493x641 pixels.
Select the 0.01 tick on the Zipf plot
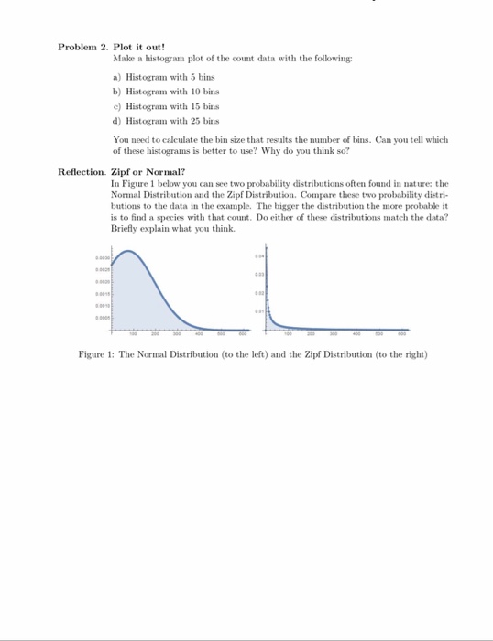click(x=259, y=311)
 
